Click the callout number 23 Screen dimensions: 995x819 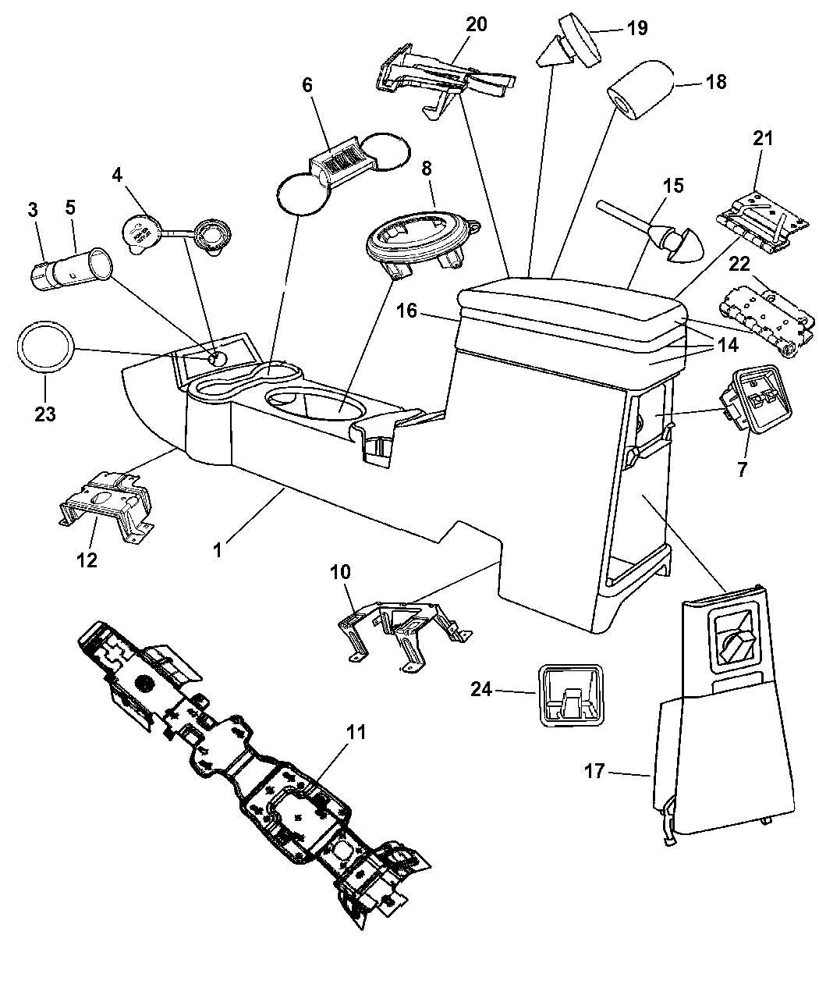pos(45,414)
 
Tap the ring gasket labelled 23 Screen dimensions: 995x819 pos(47,346)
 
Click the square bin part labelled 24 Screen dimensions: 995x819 pos(573,695)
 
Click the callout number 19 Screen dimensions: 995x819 pos(637,28)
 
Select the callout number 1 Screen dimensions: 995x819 pos(218,549)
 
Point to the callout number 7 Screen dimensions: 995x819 pos(742,469)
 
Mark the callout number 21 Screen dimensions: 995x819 pos(762,139)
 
